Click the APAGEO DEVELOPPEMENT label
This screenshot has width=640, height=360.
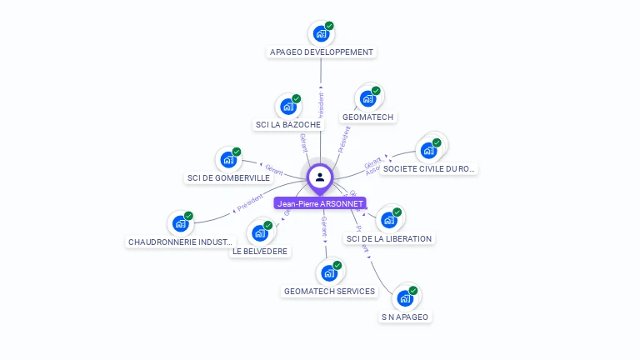[322, 52]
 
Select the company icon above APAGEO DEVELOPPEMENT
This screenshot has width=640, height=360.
[320, 34]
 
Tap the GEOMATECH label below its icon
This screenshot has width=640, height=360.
[367, 117]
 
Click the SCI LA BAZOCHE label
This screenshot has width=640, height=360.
[287, 124]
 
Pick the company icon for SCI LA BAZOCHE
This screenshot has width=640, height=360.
[287, 107]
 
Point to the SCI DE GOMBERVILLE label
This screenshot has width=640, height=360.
[228, 177]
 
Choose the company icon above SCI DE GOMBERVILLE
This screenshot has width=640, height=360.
[227, 160]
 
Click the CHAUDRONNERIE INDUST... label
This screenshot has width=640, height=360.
[179, 242]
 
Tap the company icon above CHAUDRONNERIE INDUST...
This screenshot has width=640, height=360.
[179, 223]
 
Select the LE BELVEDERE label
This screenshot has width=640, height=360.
[260, 251]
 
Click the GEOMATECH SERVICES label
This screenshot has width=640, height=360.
[329, 291]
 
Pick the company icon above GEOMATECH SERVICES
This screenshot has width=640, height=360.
[328, 272]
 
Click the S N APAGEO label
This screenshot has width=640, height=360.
[405, 317]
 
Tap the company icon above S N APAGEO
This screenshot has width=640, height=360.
[404, 298]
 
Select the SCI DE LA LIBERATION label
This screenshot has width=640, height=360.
[388, 238]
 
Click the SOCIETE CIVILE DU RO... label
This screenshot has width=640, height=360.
[428, 168]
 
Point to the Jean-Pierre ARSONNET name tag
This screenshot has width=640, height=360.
[320, 203]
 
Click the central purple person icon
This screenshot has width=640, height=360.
[320, 177]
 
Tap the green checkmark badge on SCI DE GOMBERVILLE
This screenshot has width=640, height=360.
[237, 152]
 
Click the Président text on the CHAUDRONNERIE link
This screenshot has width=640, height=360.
[249, 202]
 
